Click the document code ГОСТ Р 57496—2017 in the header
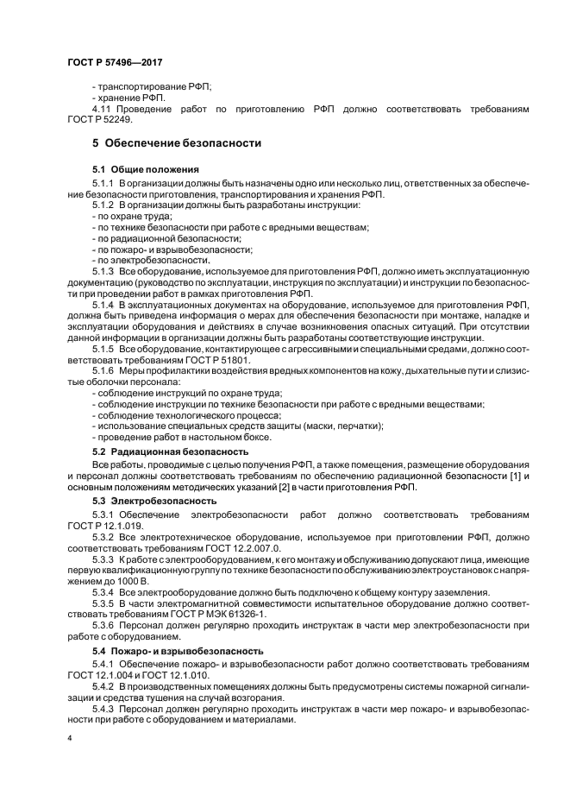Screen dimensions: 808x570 (x=115, y=63)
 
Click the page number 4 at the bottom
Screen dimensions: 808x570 (x=69, y=739)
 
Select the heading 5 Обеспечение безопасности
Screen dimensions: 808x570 (x=177, y=142)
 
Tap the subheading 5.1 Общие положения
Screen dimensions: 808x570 (x=146, y=169)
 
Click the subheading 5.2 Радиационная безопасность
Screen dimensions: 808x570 (x=170, y=451)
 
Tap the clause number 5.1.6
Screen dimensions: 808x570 (x=104, y=370)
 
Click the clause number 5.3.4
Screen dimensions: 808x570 (x=104, y=591)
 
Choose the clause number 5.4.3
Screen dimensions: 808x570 (x=104, y=706)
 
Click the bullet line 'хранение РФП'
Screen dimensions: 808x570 (x=132, y=98)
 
